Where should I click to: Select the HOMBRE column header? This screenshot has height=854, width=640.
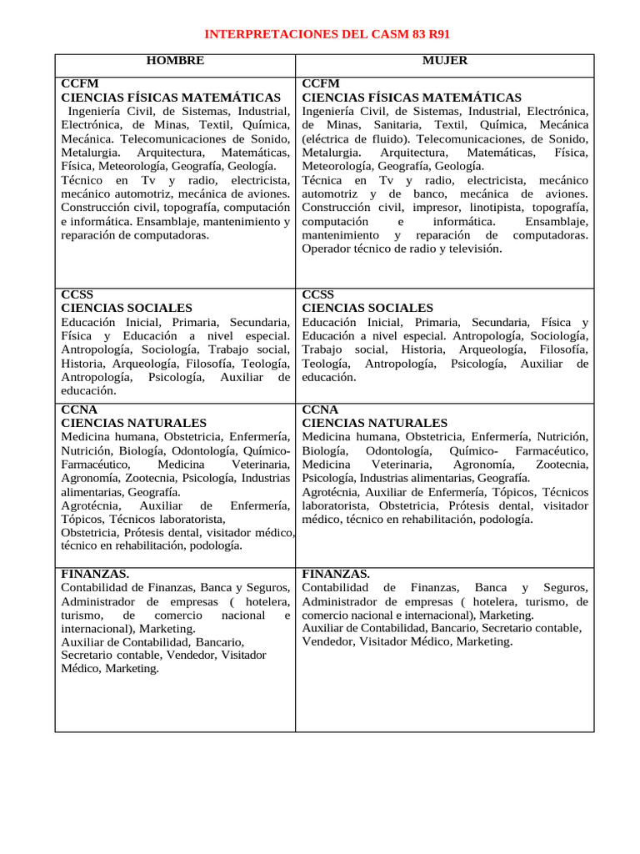click(x=175, y=61)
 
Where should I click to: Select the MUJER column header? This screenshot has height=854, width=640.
click(x=445, y=61)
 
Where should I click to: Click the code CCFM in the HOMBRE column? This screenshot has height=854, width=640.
click(x=79, y=84)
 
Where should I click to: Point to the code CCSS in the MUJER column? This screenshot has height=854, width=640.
click(x=317, y=294)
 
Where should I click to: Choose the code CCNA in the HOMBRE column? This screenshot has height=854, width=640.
click(x=79, y=409)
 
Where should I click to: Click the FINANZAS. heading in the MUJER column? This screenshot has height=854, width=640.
click(x=336, y=574)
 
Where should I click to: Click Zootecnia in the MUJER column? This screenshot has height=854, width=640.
click(x=562, y=464)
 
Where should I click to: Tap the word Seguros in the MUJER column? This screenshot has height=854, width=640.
click(x=567, y=587)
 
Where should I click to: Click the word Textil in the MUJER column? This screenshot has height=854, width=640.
click(x=451, y=125)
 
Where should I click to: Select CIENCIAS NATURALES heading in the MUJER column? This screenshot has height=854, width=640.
click(x=374, y=423)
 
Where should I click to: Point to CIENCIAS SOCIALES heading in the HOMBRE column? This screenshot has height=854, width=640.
click(x=126, y=308)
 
